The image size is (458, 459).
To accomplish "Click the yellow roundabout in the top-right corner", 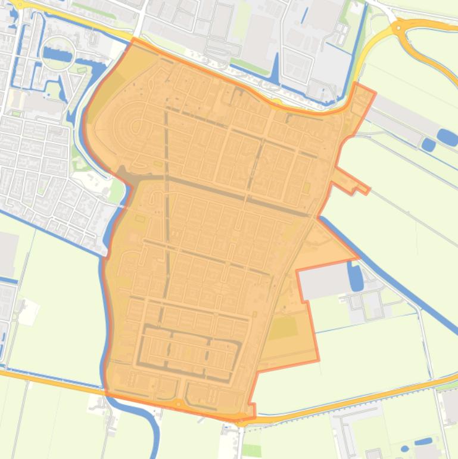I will pos(398,27).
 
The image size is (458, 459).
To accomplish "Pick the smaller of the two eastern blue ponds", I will pos(428,144).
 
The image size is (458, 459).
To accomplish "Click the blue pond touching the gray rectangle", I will pos(355,277).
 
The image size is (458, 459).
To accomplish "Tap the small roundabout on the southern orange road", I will pos(178,404).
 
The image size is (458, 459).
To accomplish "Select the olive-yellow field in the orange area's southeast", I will pos(282,328).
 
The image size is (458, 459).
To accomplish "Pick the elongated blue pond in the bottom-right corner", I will pos(423,442).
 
